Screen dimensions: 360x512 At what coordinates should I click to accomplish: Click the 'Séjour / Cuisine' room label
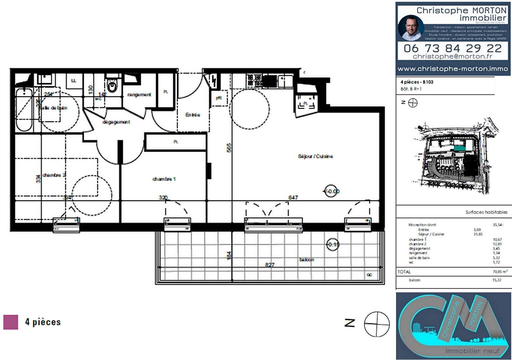[315, 156]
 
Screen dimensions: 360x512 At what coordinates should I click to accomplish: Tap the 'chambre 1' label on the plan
[164, 179]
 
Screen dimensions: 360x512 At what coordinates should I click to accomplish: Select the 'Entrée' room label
[193, 115]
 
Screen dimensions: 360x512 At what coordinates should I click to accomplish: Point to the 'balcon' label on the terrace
[307, 259]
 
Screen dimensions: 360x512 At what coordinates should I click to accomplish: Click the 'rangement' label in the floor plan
[139, 95]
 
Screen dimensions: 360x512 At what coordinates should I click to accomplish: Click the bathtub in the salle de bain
[24, 110]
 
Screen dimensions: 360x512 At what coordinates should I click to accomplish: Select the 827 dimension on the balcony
[270, 265]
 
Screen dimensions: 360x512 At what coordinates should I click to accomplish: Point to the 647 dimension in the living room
[293, 197]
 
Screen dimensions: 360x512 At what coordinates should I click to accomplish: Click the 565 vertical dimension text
[229, 148]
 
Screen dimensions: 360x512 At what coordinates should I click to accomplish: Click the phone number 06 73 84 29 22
[452, 48]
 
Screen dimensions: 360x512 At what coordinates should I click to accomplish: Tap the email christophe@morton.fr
[452, 56]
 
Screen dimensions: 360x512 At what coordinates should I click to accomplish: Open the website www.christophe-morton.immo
[453, 69]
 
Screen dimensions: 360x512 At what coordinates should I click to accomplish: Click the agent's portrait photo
[411, 28]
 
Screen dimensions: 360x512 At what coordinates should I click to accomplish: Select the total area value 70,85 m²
[500, 272]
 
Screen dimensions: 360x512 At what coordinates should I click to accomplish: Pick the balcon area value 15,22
[497, 280]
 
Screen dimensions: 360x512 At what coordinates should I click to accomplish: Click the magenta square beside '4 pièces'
[11, 322]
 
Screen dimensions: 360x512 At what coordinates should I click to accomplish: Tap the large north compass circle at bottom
[377, 324]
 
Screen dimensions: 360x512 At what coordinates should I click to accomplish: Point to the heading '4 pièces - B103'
[417, 82]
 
